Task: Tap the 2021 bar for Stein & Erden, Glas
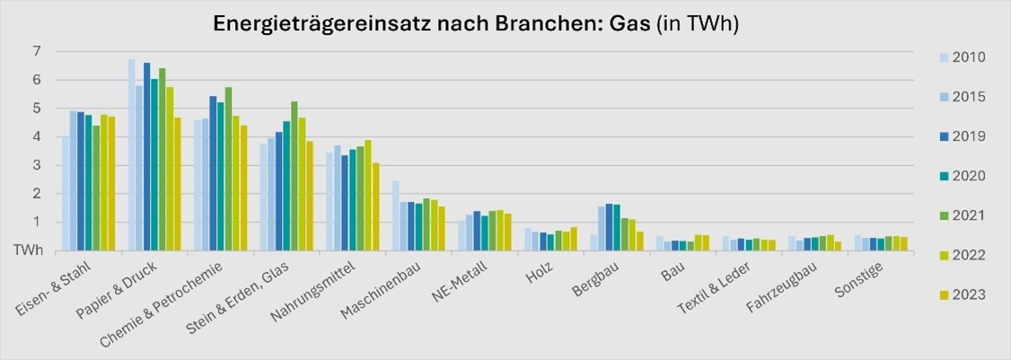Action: [295, 176]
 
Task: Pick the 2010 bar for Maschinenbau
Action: [395, 215]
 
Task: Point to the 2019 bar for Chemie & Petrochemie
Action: [213, 173]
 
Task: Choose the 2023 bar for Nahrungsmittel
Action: [375, 206]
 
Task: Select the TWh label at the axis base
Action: [26, 251]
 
